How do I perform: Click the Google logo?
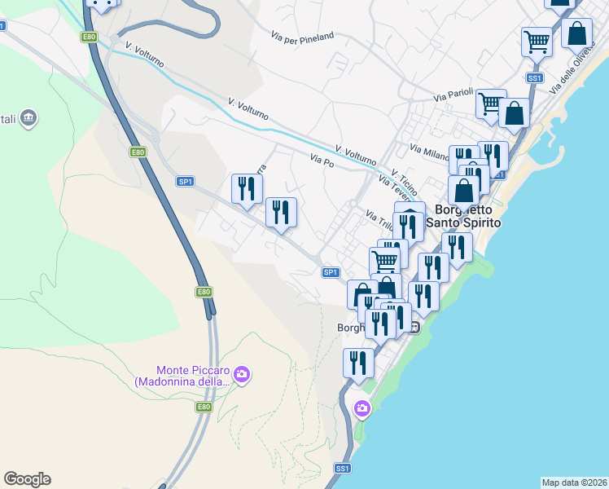point(27,479)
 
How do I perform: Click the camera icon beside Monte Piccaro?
point(241,375)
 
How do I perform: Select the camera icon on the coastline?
point(361,408)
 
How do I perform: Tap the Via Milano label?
point(429,152)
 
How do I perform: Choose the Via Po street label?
point(322,162)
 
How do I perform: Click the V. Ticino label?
point(404,177)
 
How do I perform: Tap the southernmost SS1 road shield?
point(343,469)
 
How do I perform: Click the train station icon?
point(414,328)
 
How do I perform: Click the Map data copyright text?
point(574,482)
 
